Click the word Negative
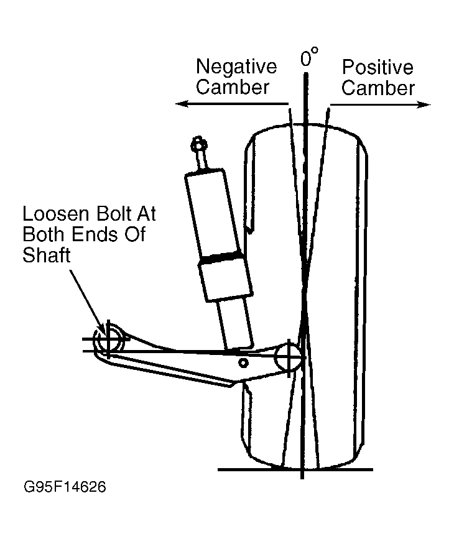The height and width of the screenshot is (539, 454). coord(236,67)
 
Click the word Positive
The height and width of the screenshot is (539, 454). coord(378,67)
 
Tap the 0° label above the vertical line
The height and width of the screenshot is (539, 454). coord(309,57)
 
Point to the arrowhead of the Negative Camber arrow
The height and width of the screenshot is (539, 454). coord(182,103)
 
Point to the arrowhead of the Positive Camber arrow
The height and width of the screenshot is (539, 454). coord(424,104)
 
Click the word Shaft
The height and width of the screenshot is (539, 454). coord(47,255)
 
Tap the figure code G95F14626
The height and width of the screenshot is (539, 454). coord(65,487)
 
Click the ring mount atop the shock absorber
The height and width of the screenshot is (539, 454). coord(198,145)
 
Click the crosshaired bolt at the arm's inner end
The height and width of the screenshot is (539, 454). coord(108,340)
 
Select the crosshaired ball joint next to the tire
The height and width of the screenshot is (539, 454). coord(289,358)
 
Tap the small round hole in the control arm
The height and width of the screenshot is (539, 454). coord(243,362)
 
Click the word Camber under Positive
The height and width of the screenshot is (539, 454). coord(378,88)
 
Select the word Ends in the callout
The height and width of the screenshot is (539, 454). coord(91,234)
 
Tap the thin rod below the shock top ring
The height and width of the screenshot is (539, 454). coord(202,160)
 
